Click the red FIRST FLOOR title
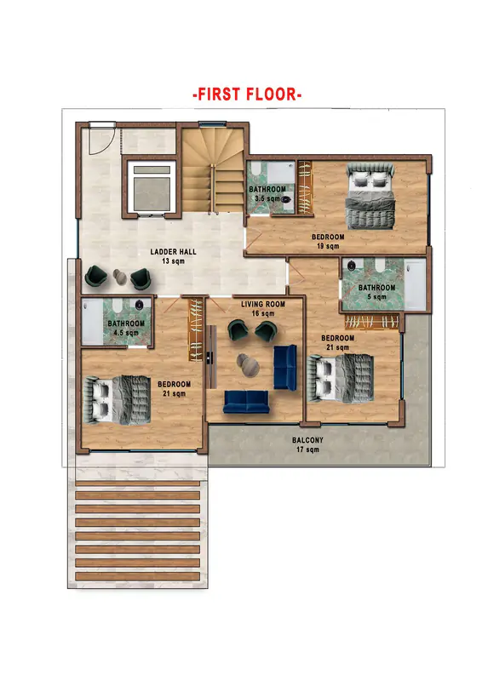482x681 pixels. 247,94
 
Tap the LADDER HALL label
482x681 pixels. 173,256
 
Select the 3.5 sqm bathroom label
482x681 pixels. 267,194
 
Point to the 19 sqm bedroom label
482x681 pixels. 328,242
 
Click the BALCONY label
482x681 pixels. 307,444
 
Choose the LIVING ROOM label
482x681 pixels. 263,308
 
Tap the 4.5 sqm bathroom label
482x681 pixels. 126,328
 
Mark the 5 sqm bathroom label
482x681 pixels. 376,292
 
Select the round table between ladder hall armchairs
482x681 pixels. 119,277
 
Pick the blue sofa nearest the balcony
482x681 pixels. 246,401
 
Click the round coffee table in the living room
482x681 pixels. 248,365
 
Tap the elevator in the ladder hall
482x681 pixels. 152,187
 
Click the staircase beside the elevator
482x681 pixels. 213,169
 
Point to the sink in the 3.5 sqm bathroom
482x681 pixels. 285,200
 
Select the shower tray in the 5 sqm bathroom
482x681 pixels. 415,284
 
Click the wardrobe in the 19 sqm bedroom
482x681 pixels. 305,187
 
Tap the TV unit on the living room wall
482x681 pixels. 212,357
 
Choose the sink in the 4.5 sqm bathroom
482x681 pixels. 139,304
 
